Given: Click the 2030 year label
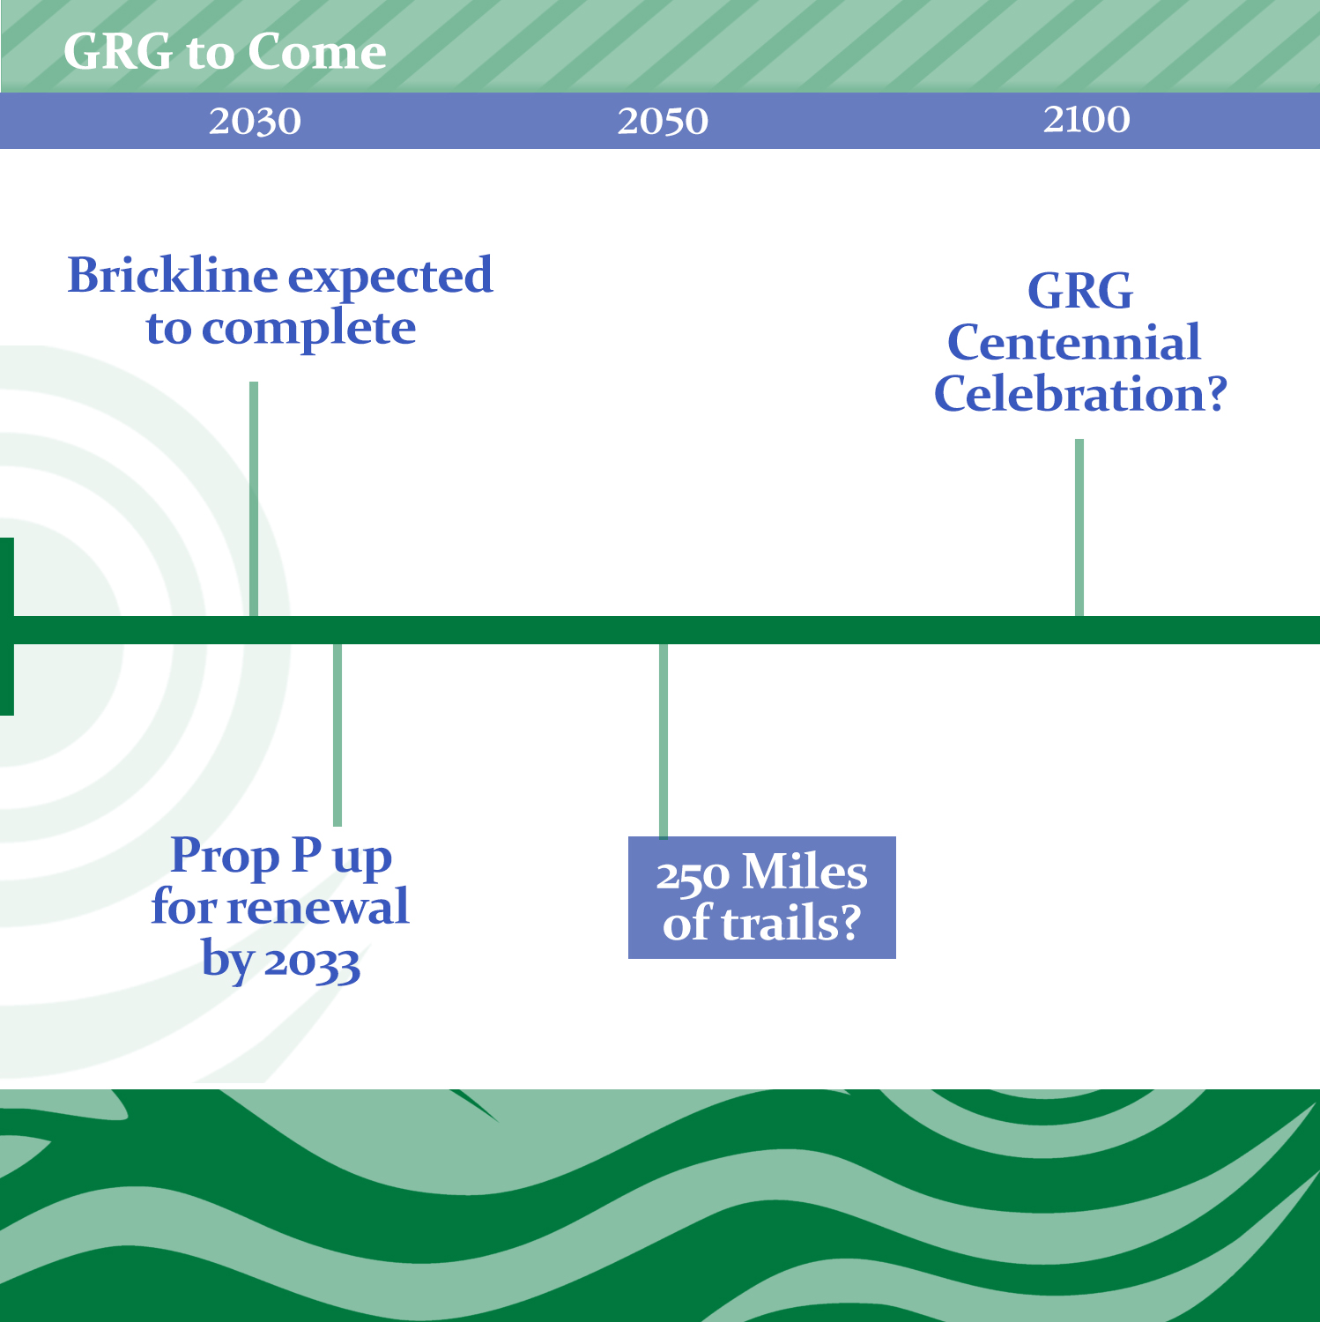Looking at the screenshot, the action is coord(255,122).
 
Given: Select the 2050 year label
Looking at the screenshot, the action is coord(663,122).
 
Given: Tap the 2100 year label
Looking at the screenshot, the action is coord(1086,119).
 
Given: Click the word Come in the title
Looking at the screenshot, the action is coord(316,52).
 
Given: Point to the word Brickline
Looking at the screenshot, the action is coord(173,276).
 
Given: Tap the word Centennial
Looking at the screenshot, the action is coord(1074,342).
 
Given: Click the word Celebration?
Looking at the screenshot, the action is coord(1080,393).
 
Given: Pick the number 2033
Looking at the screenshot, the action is coord(312,962).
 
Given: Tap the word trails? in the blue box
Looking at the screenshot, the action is coord(790,924).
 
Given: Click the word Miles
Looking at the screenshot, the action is coord(805,873).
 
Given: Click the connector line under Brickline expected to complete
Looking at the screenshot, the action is coord(254,499).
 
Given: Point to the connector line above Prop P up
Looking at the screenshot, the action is coord(337,735).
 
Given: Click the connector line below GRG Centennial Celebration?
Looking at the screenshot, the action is coord(1079,528).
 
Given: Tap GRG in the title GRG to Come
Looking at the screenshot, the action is coord(119,52).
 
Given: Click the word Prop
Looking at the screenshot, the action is coord(224,857).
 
